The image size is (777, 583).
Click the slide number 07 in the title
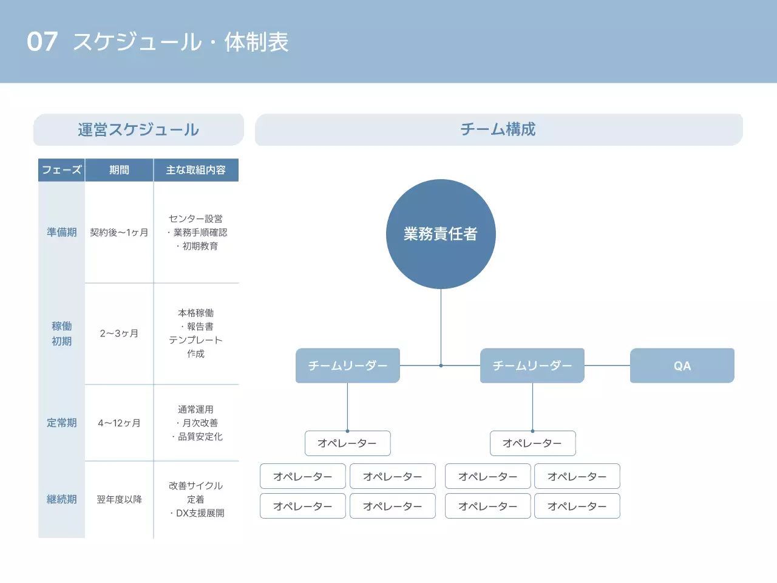tap(42, 42)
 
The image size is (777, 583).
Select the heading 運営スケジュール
tap(138, 129)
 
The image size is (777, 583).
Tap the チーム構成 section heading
tap(498, 129)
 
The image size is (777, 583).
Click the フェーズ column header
tap(61, 170)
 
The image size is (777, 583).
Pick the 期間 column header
tap(119, 170)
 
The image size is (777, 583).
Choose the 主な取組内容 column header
tap(195, 170)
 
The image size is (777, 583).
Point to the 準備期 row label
tap(61, 232)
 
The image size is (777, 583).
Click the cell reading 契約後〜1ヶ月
tap(119, 232)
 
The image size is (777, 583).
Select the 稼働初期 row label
tap(61, 333)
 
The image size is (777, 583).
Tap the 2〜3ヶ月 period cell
tap(119, 333)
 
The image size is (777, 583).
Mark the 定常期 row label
tap(61, 423)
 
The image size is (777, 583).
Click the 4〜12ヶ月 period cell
tap(119, 423)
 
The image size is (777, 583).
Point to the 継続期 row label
tap(61, 499)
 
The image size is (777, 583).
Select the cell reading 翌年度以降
tap(119, 499)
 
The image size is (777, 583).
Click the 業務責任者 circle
tap(441, 234)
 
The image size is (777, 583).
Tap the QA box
tap(682, 366)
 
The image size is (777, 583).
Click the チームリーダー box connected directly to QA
tap(532, 366)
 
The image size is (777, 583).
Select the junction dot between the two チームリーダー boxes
tap(441, 366)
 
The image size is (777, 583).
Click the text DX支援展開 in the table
tap(200, 513)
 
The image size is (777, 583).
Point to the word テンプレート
tap(195, 340)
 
